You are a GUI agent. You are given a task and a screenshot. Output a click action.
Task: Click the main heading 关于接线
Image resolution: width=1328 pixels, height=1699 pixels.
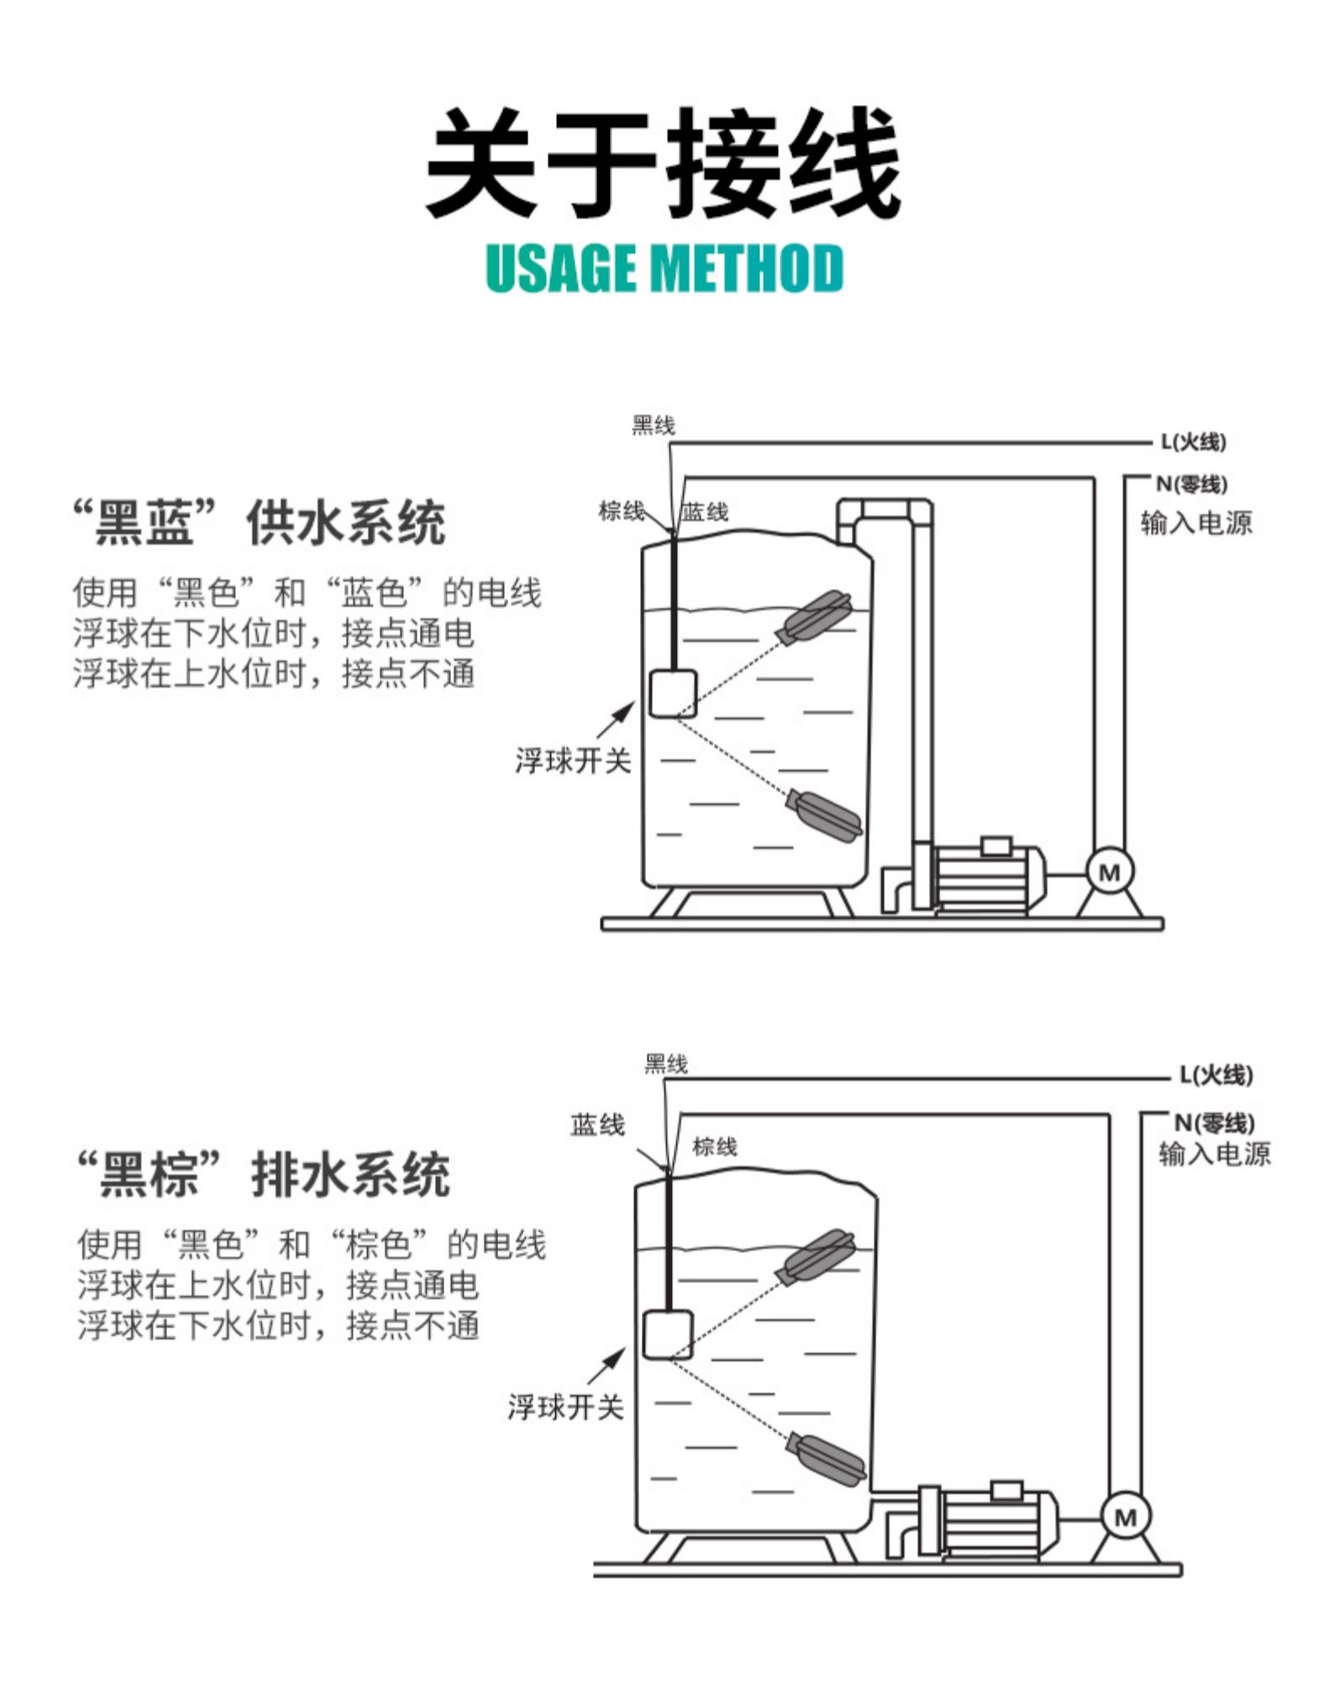click(x=664, y=164)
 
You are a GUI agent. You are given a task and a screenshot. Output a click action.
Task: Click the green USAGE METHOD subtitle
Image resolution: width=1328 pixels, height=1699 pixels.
click(x=664, y=269)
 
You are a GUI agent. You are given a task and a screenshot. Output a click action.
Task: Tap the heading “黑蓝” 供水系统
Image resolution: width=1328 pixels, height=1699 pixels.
click(x=260, y=522)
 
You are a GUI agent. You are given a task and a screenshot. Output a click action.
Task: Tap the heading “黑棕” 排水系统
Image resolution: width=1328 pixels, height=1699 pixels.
click(x=263, y=1173)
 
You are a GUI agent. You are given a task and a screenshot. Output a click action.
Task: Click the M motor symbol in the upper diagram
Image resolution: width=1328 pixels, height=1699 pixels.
click(x=1110, y=872)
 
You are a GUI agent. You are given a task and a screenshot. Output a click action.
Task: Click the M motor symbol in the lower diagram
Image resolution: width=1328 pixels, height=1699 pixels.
click(x=1125, y=1517)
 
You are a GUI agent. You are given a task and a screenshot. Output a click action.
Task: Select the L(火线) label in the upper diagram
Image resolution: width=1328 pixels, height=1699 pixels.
click(x=1193, y=442)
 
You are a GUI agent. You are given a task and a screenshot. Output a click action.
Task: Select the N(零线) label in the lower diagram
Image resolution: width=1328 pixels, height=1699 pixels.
click(x=1214, y=1123)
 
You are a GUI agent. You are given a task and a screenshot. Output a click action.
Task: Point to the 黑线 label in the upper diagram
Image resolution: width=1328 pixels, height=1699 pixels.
click(x=654, y=426)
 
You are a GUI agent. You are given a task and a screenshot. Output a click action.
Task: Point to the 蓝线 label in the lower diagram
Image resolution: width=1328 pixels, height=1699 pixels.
click(x=597, y=1125)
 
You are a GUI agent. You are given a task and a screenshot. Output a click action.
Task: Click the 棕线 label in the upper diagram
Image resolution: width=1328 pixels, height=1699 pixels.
click(x=621, y=511)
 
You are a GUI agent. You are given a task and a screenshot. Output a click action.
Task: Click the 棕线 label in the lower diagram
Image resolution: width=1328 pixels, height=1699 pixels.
click(x=715, y=1146)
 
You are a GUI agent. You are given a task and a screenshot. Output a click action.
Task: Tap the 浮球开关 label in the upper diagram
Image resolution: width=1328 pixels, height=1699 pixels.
click(x=573, y=761)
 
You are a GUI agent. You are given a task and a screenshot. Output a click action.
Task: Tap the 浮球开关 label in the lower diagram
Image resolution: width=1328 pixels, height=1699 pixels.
click(x=565, y=1406)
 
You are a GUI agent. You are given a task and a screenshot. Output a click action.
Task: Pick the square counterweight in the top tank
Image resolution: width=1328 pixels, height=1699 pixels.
click(x=673, y=693)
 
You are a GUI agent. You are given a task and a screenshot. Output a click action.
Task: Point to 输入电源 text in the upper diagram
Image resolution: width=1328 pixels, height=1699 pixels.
click(x=1196, y=523)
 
